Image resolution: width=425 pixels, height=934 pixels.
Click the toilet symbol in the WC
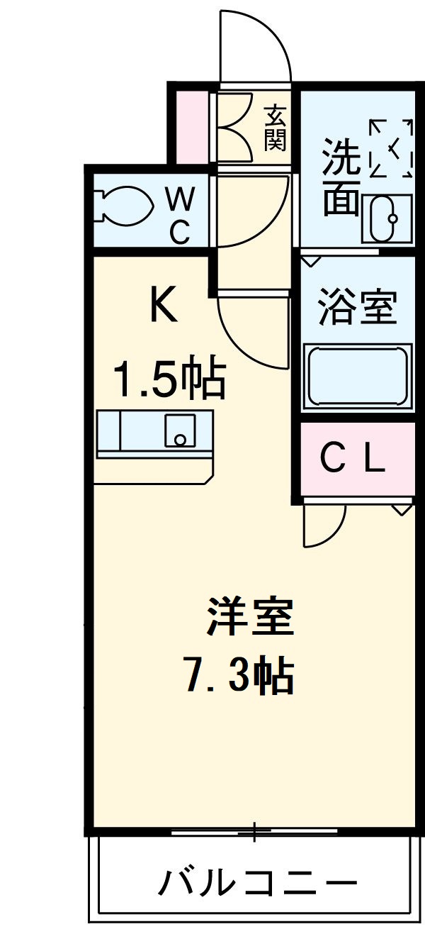125,206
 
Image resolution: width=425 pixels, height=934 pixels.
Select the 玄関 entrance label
275,128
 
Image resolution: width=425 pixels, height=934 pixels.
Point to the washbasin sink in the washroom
386,218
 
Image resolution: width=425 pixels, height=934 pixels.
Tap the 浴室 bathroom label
356,307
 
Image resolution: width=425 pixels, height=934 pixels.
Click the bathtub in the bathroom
358,376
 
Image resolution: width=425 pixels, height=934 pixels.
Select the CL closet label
353,460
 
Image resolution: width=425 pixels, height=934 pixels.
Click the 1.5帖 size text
170,379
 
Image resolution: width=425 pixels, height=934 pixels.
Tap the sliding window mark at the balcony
255,830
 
